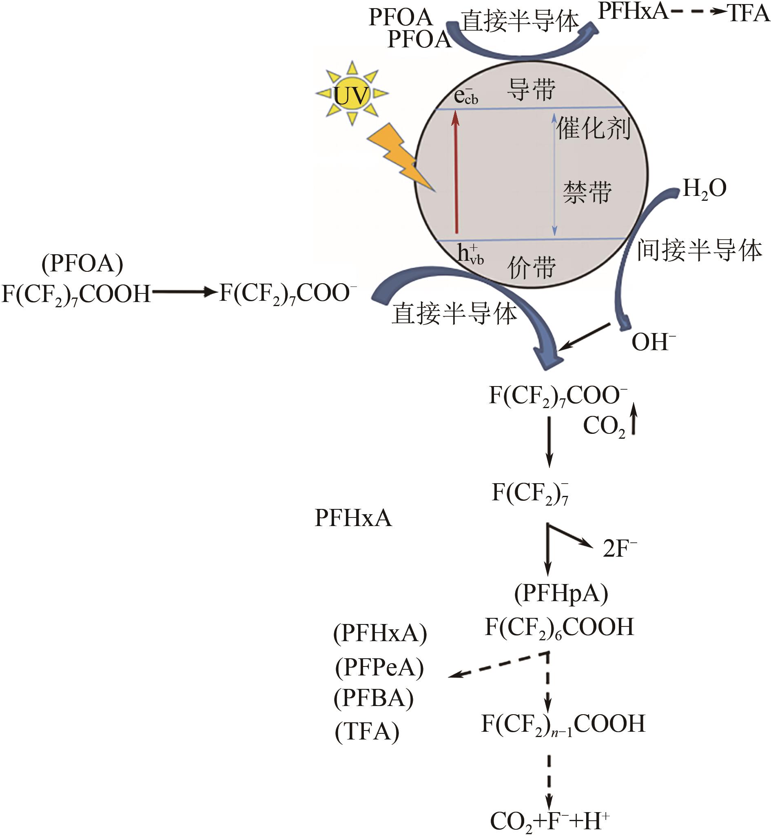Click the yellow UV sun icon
352,93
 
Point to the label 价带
532,266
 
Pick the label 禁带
587,192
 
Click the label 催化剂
593,128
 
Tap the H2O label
705,189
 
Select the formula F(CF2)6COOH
559,627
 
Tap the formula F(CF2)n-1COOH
563,724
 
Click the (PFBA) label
373,698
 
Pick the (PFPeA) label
379,667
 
